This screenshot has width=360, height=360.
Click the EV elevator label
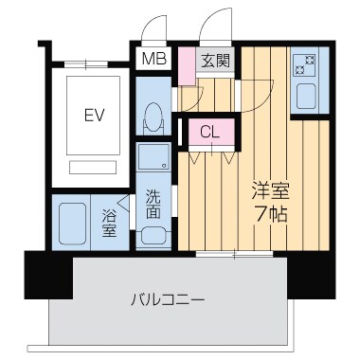click(94, 117)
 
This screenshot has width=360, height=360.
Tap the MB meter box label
click(151, 61)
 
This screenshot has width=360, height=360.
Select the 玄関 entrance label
click(214, 61)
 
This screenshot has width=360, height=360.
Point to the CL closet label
click(210, 133)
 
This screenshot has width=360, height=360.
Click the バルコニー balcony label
click(168, 300)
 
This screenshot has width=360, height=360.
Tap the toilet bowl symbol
click(152, 120)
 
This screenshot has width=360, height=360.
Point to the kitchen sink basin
click(307, 97)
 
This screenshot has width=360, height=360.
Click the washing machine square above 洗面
click(151, 157)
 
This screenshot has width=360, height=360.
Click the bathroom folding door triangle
click(126, 203)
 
